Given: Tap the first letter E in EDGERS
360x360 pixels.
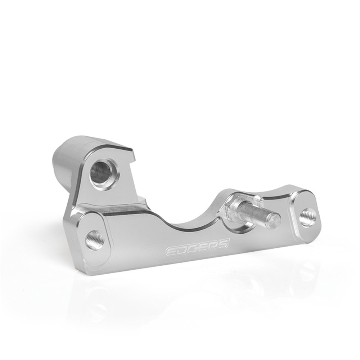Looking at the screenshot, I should tap(170, 253).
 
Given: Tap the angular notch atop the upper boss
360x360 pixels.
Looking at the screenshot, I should tap(133, 159).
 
